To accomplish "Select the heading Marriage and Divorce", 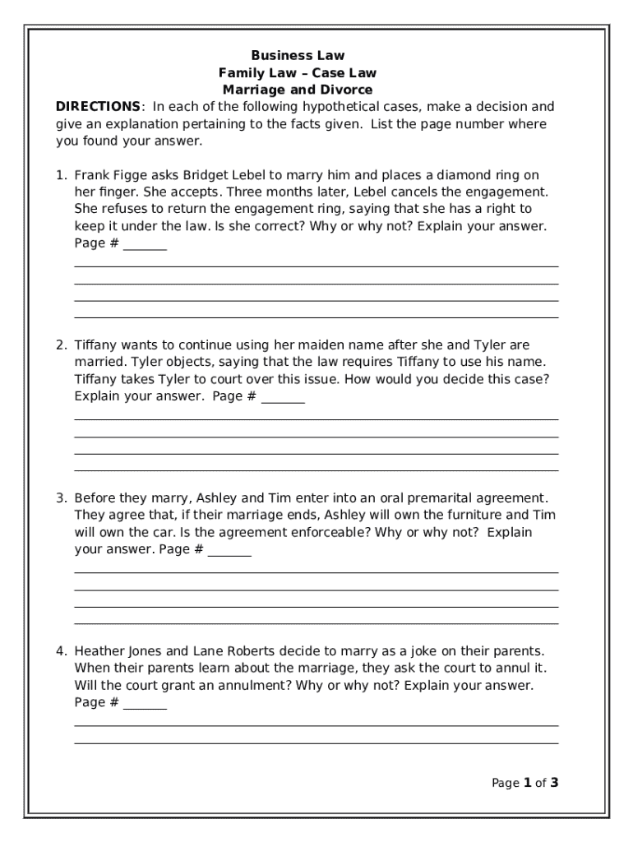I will click(x=297, y=90).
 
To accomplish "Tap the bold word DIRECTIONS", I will click(x=98, y=107).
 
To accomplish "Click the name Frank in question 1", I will click(x=90, y=175).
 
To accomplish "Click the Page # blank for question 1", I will click(x=145, y=245).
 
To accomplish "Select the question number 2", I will click(x=61, y=345).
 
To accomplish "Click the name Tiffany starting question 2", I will click(x=95, y=345).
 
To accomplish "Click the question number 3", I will click(x=61, y=498).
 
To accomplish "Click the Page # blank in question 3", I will click(x=229, y=552).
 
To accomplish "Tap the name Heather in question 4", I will click(x=99, y=651).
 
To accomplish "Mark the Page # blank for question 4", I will click(x=145, y=705).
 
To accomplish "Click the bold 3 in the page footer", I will click(x=555, y=783).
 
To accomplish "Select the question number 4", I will click(x=61, y=651).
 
